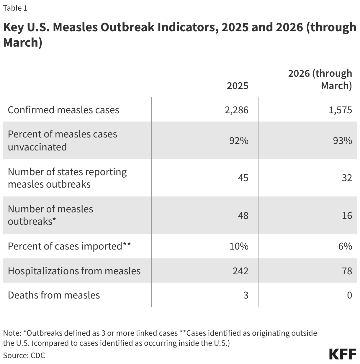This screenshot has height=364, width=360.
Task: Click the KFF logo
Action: [x=342, y=354]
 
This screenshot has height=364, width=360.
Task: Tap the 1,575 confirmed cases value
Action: [x=341, y=110]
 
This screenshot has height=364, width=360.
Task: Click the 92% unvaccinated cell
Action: [x=239, y=141]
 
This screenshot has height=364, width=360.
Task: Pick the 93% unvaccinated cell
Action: [x=342, y=141]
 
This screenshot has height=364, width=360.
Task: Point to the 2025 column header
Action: [x=237, y=86]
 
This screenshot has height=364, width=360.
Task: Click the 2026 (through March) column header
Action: [x=320, y=80]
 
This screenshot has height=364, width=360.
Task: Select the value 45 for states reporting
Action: [x=243, y=178]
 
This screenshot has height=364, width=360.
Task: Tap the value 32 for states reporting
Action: [x=347, y=178]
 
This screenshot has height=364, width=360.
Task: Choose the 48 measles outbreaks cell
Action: [x=243, y=215]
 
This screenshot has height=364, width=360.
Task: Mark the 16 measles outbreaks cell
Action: [x=347, y=215]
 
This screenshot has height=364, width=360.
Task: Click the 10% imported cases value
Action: [x=239, y=246]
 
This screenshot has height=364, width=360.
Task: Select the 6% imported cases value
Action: [x=345, y=246]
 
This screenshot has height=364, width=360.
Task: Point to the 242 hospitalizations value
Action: [x=240, y=271]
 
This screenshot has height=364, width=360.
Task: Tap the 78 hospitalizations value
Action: [x=347, y=271]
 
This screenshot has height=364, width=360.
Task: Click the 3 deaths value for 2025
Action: [x=246, y=295]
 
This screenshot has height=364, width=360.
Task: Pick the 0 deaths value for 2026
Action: [x=349, y=295]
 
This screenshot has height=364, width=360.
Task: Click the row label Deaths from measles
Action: [x=54, y=295]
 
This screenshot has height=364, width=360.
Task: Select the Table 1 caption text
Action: [x=15, y=8]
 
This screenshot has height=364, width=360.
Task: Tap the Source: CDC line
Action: [x=24, y=355]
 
